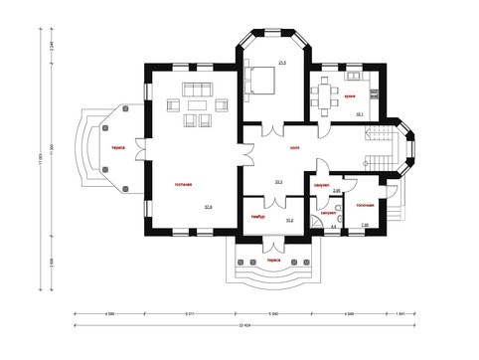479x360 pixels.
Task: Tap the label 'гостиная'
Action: (x=183, y=184)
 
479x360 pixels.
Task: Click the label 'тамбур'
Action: (x=256, y=215)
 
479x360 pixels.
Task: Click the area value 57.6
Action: (x=208, y=207)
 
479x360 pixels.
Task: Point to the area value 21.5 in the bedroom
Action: (x=282, y=63)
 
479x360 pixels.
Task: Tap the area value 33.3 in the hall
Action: (x=278, y=182)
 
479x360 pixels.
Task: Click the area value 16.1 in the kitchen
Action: (x=360, y=114)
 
